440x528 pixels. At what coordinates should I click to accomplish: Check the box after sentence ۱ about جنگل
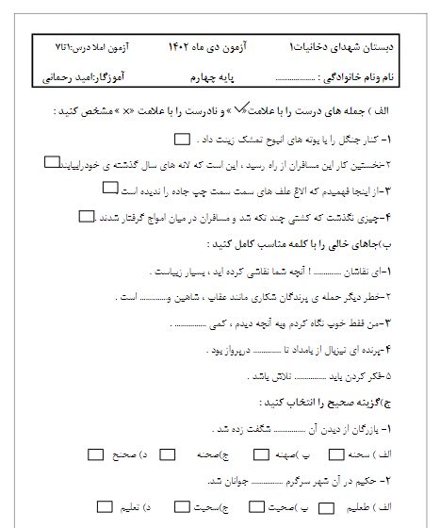pyautogui.click(x=183, y=140)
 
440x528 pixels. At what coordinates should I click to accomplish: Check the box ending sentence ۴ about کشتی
pyautogui.click(x=88, y=216)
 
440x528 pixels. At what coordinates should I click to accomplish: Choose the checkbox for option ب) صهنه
pyautogui.click(x=241, y=454)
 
